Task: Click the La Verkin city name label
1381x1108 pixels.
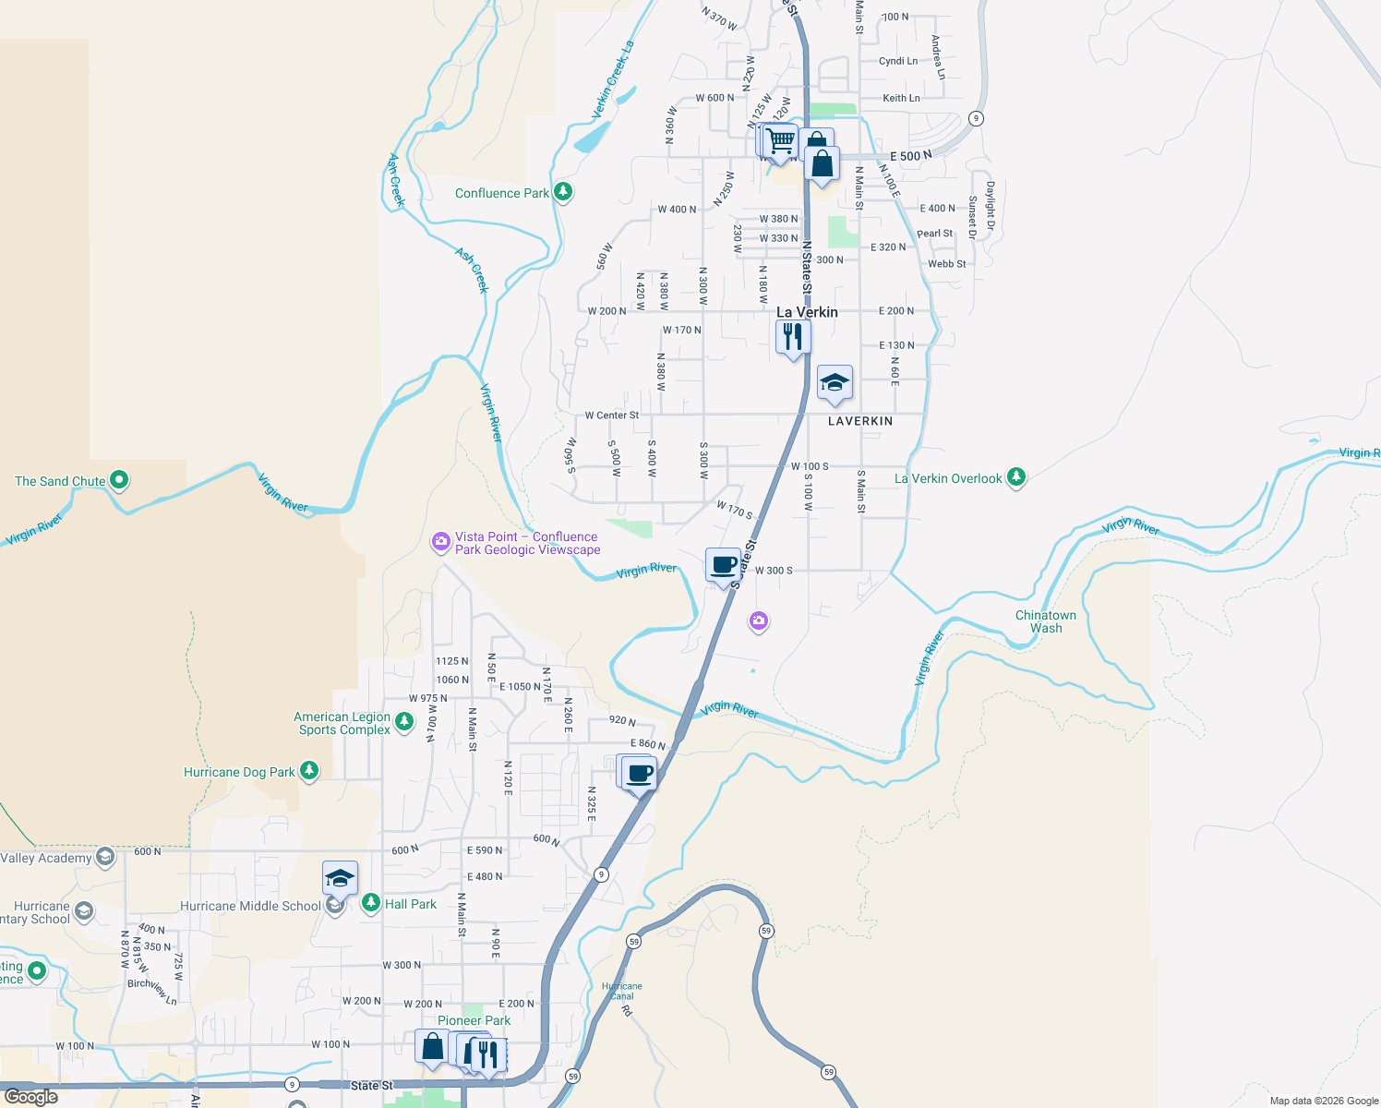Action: point(807,312)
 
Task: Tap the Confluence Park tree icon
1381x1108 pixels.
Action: point(563,192)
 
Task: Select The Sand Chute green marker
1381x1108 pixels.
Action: point(119,480)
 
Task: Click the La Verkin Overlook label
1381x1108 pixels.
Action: point(948,478)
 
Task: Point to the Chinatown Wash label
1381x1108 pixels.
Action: point(1046,621)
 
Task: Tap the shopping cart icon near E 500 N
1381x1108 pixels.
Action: point(780,141)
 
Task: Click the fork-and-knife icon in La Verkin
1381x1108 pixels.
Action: point(792,337)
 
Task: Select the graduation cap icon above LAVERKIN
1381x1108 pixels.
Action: point(835,382)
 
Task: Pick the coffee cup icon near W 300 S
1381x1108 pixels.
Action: point(724,564)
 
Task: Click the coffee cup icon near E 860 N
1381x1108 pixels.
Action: point(639,773)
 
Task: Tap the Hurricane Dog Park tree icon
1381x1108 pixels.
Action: point(309,770)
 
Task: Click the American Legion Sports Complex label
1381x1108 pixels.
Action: point(342,723)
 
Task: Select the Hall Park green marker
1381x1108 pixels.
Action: point(371,902)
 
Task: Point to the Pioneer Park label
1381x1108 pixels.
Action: point(474,1020)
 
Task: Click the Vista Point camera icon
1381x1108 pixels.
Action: point(441,541)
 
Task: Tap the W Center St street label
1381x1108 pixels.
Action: point(611,415)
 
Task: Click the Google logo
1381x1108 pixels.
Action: point(31,1097)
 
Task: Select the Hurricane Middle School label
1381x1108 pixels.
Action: point(250,906)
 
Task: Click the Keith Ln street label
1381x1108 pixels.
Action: point(901,98)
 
